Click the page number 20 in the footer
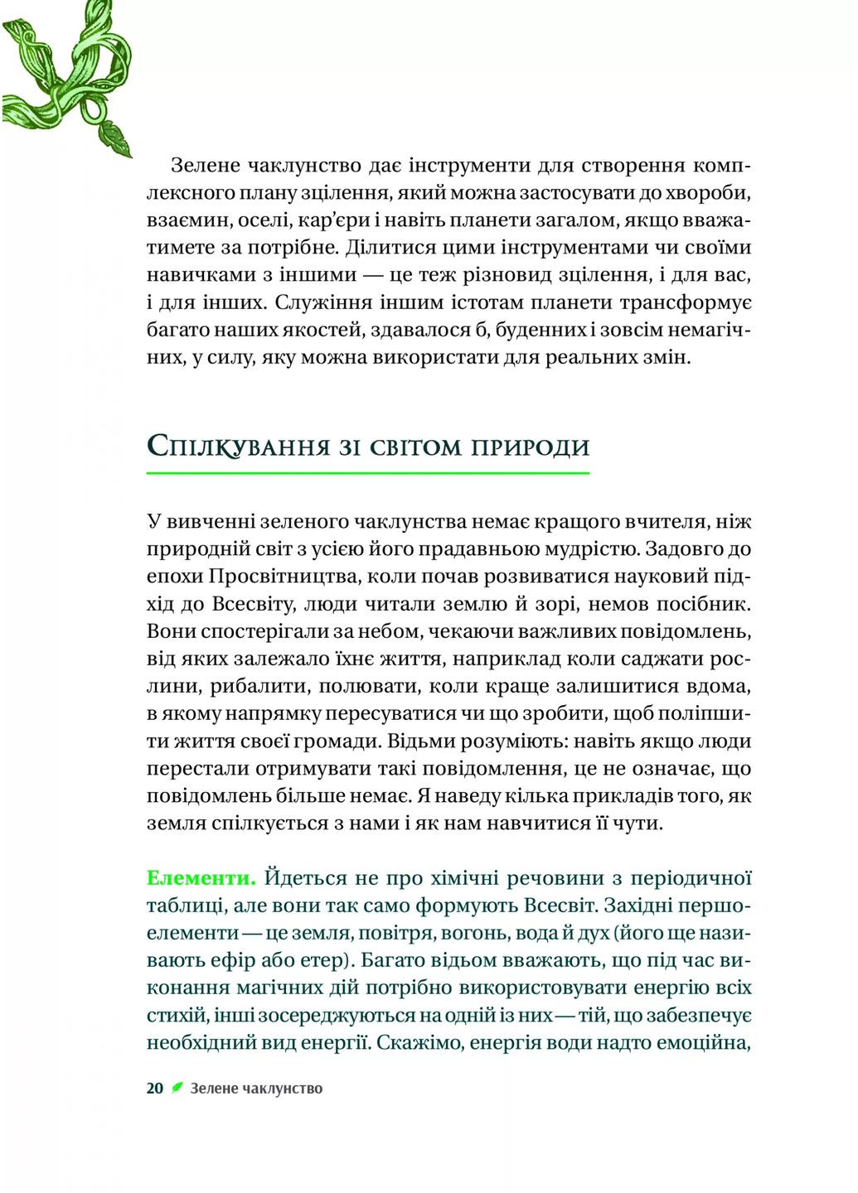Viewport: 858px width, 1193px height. (x=155, y=1089)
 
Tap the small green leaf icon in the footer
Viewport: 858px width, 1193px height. (x=177, y=1088)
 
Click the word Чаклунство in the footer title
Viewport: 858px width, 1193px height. (x=284, y=1089)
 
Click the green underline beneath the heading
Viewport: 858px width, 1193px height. (x=367, y=473)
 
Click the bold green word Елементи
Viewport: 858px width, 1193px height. (x=201, y=877)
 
